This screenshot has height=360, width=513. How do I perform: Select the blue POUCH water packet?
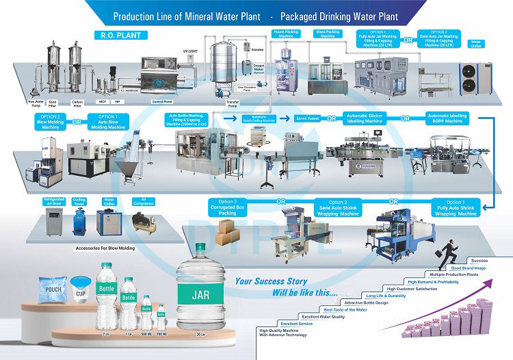(54, 291)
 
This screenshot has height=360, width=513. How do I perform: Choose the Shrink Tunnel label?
(307, 118)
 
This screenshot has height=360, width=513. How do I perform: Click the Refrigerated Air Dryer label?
(54, 202)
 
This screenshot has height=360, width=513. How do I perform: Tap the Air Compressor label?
(143, 201)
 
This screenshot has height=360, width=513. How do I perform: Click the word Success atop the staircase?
(479, 260)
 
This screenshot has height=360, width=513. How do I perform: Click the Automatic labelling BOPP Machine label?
(448, 119)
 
